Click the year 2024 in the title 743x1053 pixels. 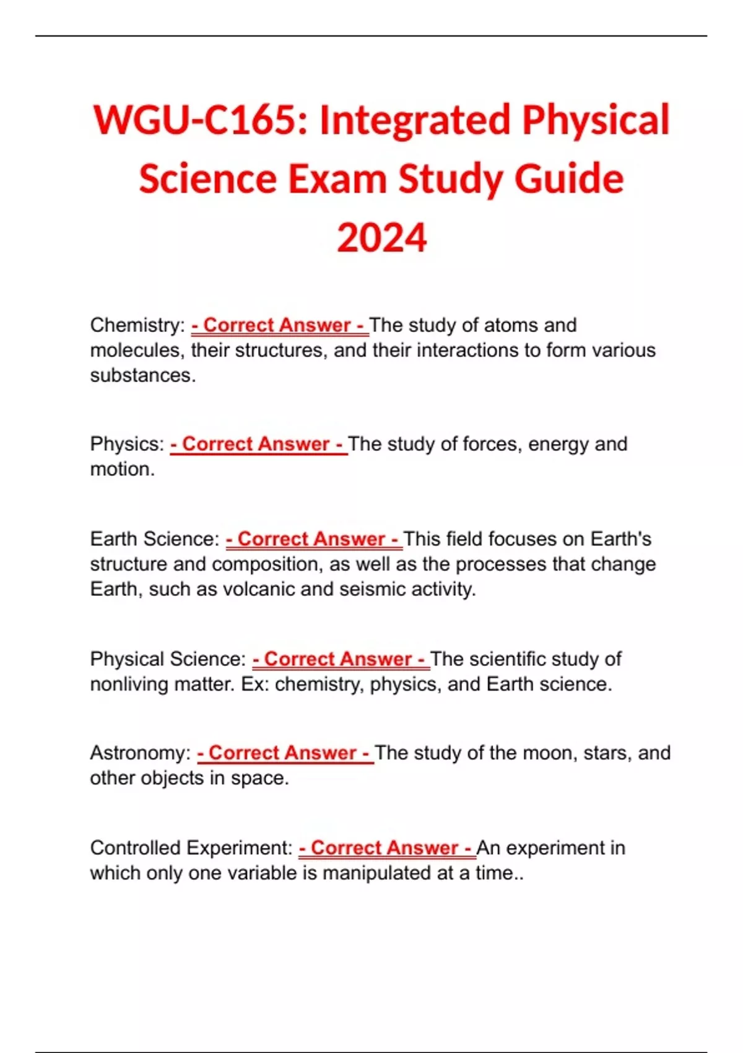[381, 238]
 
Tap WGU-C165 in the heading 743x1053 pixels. [199, 120]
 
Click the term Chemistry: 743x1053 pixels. [137, 325]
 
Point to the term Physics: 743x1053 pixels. [127, 444]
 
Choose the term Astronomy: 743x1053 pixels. [141, 753]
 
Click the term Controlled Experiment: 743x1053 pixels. [191, 848]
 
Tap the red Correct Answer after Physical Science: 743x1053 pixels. [341, 659]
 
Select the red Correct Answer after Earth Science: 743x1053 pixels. [314, 539]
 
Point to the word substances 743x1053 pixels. [142, 375]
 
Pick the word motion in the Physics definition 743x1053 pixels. [121, 470]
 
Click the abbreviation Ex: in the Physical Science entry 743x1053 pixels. [254, 684]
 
